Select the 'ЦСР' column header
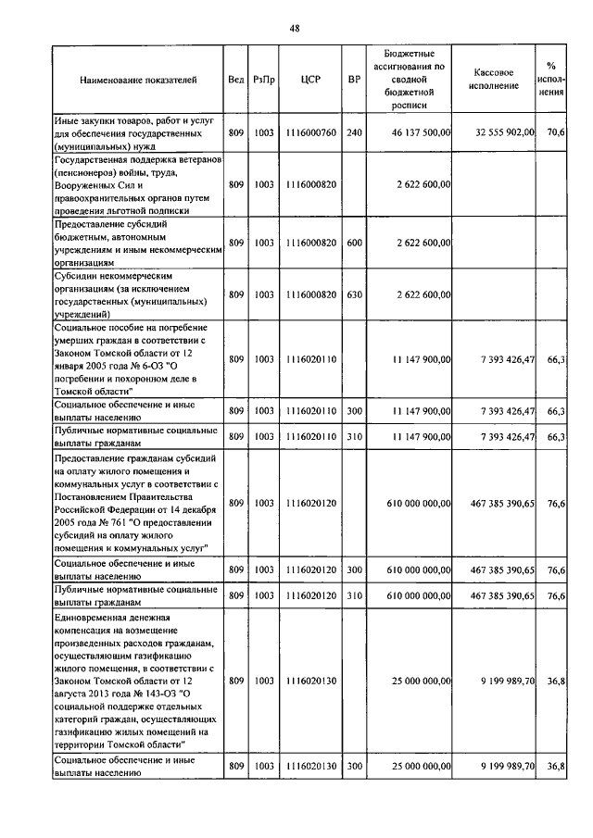tap(310, 81)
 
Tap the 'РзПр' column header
tap(264, 81)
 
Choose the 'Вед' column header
tap(235, 81)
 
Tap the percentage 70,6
tap(556, 133)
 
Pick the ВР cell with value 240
tap(353, 133)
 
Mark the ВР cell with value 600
tap(353, 243)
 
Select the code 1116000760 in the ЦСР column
tap(310, 133)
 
